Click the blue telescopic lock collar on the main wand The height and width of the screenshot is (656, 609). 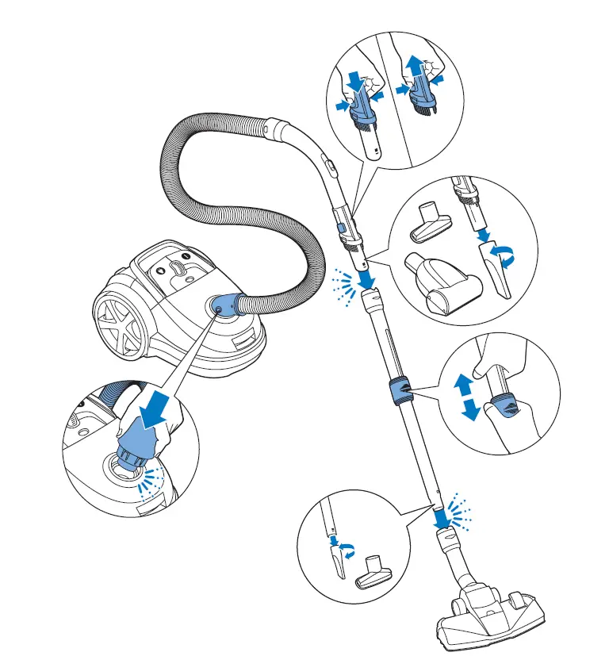coord(400,390)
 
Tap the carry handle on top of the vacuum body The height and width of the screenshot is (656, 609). coord(182,269)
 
